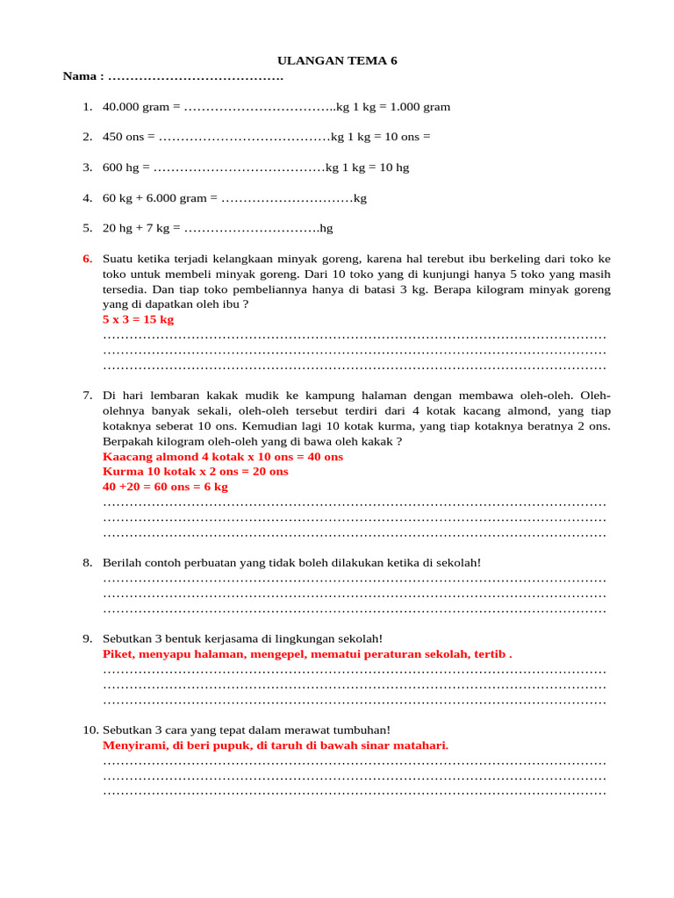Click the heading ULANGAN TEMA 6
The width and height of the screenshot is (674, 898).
pyautogui.click(x=337, y=61)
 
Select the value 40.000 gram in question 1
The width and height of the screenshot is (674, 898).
pyautogui.click(x=135, y=107)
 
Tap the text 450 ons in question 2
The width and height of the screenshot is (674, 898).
pyautogui.click(x=124, y=137)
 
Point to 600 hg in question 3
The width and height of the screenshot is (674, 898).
pyautogui.click(x=122, y=167)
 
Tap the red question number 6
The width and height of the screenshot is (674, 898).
pyautogui.click(x=87, y=259)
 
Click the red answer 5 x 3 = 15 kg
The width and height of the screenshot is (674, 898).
pyautogui.click(x=138, y=319)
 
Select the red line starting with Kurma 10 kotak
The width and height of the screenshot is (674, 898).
pyautogui.click(x=195, y=472)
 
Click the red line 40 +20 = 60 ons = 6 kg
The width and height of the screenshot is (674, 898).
pyautogui.click(x=165, y=487)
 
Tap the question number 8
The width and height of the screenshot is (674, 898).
pyautogui.click(x=87, y=562)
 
